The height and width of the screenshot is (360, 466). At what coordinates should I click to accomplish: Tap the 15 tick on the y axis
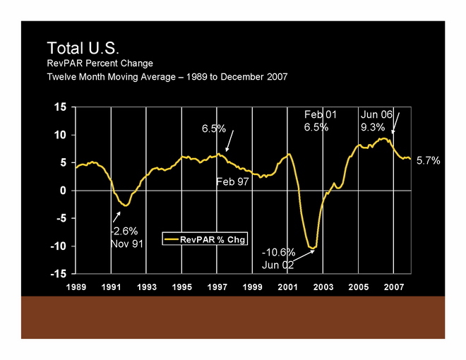(61, 107)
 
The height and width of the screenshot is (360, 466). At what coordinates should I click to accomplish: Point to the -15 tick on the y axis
(59, 273)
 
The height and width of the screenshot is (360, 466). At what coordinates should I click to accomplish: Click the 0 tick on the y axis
(64, 191)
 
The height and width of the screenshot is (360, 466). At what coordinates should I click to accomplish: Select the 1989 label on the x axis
(76, 287)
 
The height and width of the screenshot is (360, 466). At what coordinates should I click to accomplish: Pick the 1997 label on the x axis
(217, 287)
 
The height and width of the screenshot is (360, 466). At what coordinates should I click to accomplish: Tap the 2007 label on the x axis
(393, 287)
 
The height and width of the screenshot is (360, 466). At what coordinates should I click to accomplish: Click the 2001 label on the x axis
(287, 287)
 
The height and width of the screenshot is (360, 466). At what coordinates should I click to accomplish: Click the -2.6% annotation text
(124, 230)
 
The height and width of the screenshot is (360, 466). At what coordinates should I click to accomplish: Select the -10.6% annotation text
(278, 252)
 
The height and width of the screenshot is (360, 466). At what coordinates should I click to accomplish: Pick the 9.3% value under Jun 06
(372, 127)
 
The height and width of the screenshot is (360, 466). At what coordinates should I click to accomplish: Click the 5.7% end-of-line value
(429, 161)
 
